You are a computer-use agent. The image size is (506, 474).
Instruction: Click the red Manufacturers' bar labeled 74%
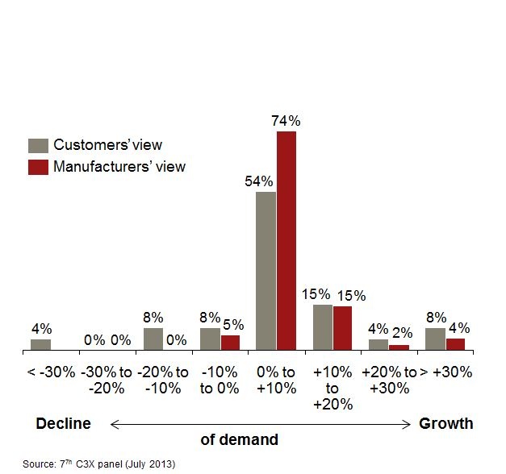286,241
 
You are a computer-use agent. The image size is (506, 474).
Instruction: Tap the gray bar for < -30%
40,345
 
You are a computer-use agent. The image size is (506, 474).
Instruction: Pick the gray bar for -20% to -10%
153,339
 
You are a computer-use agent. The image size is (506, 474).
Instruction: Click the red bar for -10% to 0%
230,343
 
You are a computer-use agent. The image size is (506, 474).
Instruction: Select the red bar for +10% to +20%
343,329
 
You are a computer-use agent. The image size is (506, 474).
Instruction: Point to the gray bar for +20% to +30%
378,345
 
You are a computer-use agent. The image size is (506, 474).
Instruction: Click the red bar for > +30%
455,345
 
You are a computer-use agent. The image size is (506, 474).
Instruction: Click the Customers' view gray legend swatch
38,145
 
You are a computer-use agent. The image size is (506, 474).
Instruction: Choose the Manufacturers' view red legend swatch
38,167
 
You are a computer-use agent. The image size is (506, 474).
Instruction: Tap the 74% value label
286,121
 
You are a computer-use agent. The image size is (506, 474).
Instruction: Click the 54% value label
260,181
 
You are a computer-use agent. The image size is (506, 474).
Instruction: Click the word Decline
63,423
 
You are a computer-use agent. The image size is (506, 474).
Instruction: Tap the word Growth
445,423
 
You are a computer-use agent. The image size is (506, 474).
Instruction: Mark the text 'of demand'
239,440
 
